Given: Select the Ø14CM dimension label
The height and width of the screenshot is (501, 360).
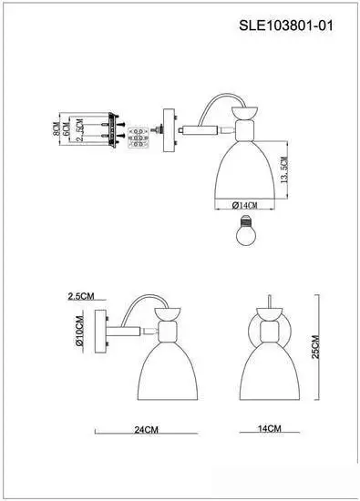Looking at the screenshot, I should (x=244, y=202).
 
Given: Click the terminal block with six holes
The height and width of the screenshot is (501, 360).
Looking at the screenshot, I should (x=139, y=137).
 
